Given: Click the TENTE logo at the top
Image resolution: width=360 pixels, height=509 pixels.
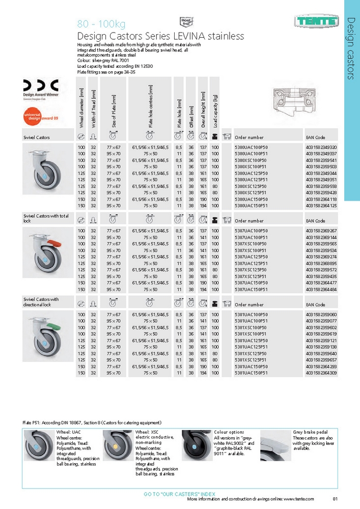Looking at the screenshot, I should coord(316,22).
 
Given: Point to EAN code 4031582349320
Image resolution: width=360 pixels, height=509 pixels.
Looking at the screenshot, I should coord(321,147).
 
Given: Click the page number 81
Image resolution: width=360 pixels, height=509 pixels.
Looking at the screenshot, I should coord(335,499).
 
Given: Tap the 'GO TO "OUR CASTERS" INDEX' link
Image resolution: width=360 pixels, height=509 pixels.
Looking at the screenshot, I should coord(180,494).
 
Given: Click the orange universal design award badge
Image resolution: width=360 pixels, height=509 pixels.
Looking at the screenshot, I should coord(37,119).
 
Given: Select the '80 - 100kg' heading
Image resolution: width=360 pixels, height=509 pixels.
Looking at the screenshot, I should coord(101,24).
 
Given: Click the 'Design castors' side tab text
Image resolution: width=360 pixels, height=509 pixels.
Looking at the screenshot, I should coord(351,48).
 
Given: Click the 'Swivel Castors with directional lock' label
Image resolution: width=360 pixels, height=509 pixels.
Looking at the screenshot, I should coord(41,302).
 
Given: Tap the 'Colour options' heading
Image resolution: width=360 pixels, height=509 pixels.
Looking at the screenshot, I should coord(229,433).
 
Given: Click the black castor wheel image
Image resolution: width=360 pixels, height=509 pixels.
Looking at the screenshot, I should coord(196,445).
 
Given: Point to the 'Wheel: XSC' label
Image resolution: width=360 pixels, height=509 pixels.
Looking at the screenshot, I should coord(149,433).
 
